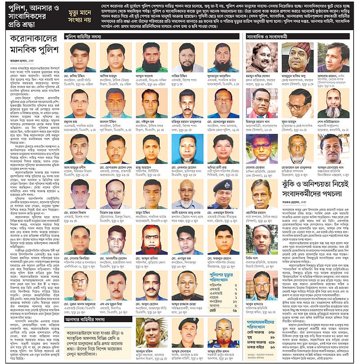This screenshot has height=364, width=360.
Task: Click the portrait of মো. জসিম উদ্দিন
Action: click(x=80, y=57)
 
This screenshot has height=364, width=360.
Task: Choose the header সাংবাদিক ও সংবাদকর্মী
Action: click(x=274, y=36)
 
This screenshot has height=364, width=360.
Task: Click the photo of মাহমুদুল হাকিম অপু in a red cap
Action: click(x=299, y=57)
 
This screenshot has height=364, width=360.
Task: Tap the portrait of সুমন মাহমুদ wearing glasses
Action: click(x=299, y=103)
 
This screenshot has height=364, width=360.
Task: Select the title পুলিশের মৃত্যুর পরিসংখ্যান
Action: click(x=223, y=276)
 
